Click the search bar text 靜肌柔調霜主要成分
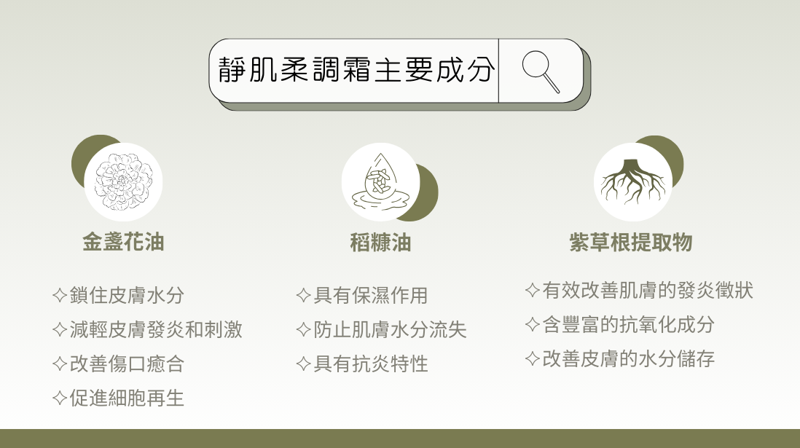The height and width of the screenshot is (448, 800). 356,70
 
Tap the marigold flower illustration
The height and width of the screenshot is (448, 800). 123,181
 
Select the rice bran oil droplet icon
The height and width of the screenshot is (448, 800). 380,181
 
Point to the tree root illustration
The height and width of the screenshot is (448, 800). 633,181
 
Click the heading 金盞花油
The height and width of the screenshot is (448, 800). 123,242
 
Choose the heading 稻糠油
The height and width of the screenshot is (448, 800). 380,243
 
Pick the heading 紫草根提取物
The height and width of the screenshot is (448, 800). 631,242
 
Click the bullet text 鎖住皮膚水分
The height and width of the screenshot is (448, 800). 127,295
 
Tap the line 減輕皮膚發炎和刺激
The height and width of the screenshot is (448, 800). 156,329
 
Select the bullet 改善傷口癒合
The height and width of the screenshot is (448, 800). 127,363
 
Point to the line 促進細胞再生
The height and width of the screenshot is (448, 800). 127,398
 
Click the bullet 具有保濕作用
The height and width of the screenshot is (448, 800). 371,295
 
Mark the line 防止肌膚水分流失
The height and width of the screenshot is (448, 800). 391,329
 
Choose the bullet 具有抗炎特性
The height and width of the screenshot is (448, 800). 371,363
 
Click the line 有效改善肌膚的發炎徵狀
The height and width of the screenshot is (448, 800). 648,290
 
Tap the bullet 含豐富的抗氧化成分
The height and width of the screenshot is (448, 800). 629,324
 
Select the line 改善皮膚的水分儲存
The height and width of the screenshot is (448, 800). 629,358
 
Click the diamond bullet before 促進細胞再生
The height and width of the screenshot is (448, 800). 60,398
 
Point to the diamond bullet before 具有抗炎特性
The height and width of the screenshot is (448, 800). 304,363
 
